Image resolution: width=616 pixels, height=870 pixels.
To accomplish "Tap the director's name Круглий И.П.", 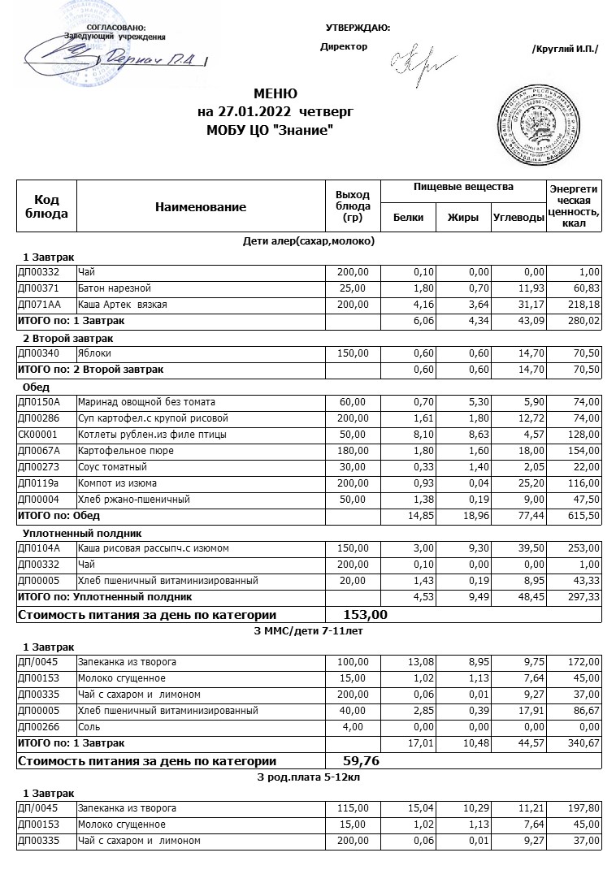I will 565,49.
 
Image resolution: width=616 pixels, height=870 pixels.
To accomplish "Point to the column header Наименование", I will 200,207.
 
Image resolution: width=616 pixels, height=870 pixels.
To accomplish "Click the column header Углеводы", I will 518,218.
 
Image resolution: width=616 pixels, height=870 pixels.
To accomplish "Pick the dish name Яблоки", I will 94,353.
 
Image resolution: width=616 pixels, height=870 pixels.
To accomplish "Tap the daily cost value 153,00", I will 366,614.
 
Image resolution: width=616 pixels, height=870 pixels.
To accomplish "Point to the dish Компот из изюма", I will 111,483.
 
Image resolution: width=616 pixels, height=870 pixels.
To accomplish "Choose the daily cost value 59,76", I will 362,761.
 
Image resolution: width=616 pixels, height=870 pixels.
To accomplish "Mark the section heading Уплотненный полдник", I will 82,533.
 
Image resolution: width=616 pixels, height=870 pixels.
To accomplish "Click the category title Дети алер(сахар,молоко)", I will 309,241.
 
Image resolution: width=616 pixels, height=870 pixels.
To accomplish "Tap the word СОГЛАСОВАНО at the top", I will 115,28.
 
